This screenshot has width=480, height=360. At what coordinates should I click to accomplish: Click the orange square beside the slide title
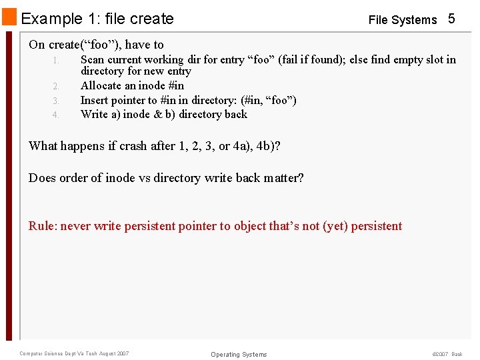[9, 17]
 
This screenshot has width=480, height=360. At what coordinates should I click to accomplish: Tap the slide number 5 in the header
[451, 19]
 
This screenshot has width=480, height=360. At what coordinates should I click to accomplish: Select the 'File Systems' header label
[402, 20]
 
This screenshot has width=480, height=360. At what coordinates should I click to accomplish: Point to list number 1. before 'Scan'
[57, 60]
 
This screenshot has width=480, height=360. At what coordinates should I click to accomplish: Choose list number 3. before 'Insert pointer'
[57, 101]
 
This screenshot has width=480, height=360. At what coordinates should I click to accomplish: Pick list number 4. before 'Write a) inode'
[57, 115]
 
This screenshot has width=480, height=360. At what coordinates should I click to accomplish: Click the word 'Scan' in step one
[93, 59]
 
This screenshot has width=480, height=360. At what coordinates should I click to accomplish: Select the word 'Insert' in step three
[95, 100]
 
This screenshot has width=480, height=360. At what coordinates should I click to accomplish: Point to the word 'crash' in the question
[134, 145]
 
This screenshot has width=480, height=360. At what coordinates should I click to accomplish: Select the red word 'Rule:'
[43, 226]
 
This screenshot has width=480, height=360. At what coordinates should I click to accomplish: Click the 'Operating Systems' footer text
[238, 354]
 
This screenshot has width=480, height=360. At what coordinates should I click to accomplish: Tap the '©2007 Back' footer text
[447, 354]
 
